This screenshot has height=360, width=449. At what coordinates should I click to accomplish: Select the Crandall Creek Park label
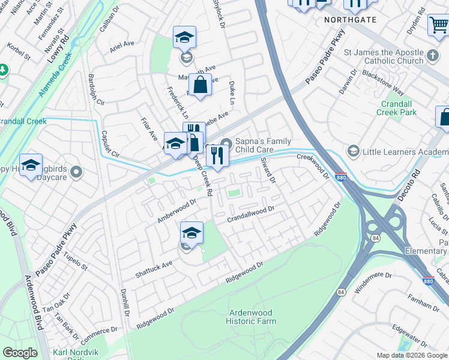(399, 108)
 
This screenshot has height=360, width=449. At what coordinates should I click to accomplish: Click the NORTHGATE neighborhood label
(350, 20)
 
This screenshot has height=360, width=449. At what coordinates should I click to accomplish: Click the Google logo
(20, 353)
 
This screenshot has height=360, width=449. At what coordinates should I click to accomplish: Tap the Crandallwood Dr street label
(250, 214)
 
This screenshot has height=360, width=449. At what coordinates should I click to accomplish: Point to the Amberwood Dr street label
(177, 211)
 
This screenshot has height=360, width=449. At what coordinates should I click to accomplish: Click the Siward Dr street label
(268, 170)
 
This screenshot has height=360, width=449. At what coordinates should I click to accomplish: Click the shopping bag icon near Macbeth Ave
(200, 85)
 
